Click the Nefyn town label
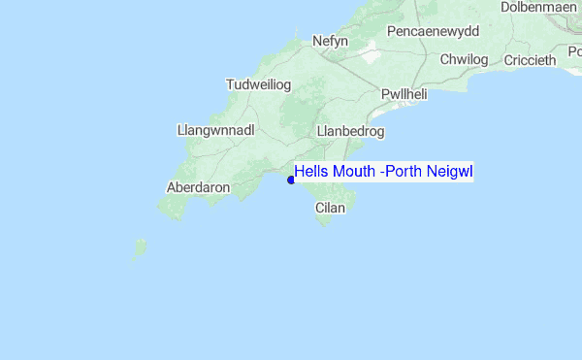[330, 42]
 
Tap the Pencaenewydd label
[433, 31]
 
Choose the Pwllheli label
[404, 94]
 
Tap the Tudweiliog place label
[258, 84]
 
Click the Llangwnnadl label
[215, 128]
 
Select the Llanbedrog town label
[351, 130]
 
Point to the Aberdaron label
[198, 186]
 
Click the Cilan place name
[330, 207]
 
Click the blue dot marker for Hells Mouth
[291, 180]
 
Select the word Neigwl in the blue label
[450, 172]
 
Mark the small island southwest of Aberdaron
[139, 249]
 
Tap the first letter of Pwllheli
[385, 94]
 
